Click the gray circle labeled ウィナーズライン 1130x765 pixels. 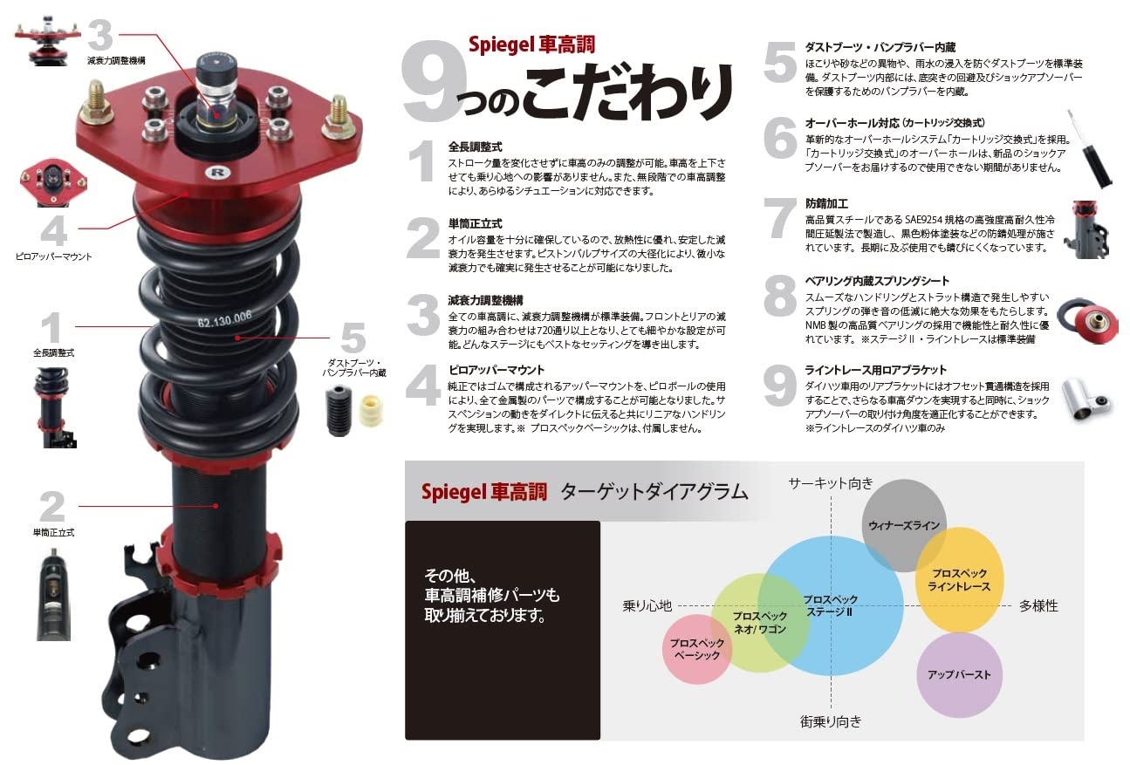point(903,525)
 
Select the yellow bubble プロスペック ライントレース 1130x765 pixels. point(959,580)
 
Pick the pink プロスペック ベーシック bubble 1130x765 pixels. point(696,649)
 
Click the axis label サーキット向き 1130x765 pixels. point(830,483)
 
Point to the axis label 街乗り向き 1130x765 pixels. point(830,721)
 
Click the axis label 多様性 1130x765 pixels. point(1038,605)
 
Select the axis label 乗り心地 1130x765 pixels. point(647,605)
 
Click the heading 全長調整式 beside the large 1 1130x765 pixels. point(475,147)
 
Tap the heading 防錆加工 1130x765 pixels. point(825,203)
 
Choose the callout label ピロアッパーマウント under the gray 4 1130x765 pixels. point(53,256)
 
